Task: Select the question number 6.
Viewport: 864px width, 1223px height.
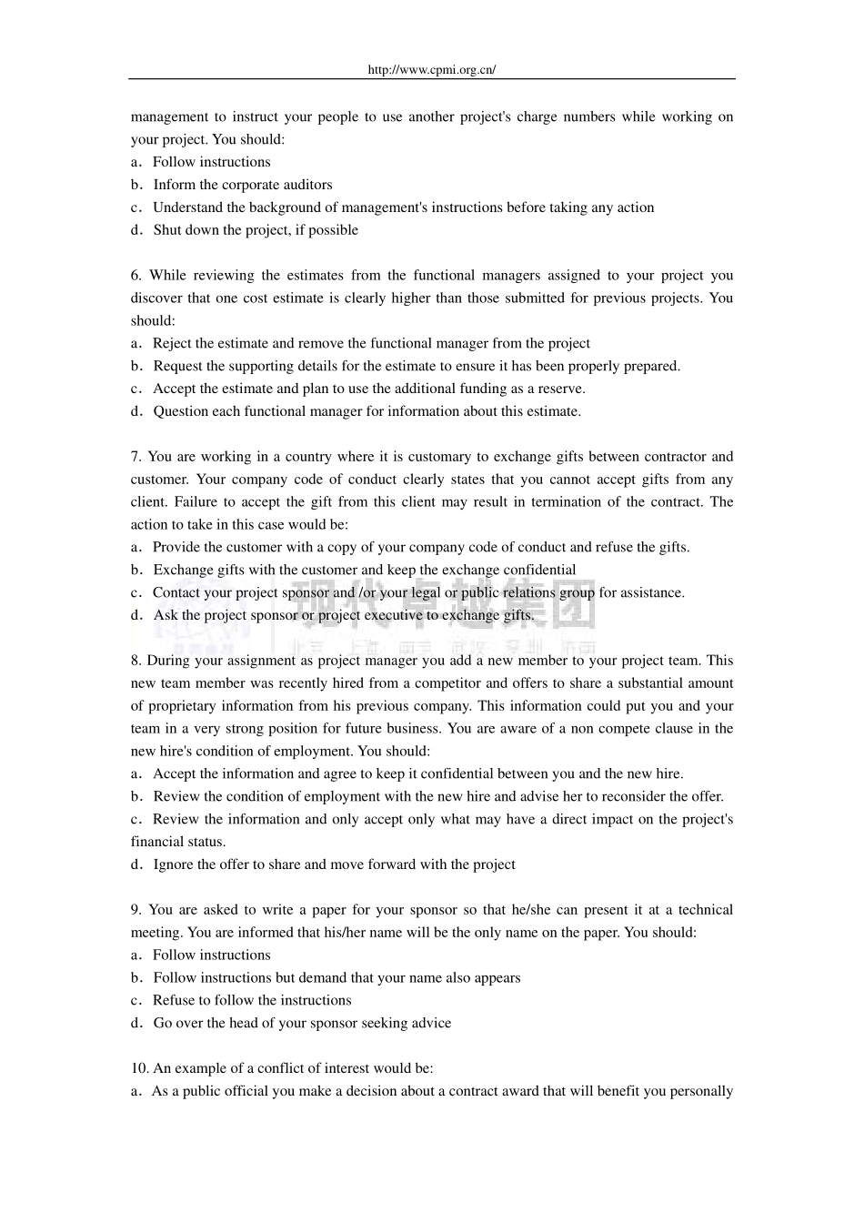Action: coord(136,276)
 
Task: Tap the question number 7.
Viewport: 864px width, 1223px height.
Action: coord(136,457)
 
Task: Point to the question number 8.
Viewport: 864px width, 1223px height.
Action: coord(136,661)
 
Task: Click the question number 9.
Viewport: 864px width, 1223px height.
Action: coord(136,910)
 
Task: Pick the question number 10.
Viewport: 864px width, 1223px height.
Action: coord(139,1068)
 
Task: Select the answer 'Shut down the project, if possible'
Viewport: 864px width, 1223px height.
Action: coord(256,230)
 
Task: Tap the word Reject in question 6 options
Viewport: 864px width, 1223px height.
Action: coord(173,344)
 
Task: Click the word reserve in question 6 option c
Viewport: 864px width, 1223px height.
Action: coord(560,389)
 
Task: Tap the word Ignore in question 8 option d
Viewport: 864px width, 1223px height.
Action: coord(173,864)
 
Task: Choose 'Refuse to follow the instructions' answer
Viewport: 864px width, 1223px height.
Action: coord(252,1000)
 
